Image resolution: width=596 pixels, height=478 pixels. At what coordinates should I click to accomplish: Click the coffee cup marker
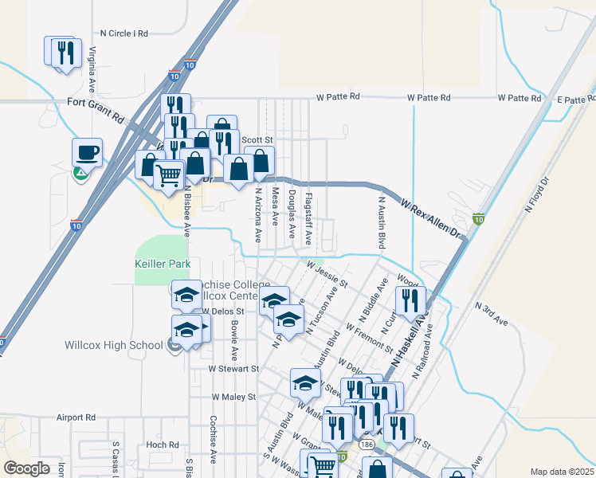[x=87, y=151]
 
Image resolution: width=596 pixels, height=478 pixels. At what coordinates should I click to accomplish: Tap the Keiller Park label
[x=163, y=264]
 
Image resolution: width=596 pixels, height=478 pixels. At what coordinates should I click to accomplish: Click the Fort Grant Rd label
[x=96, y=109]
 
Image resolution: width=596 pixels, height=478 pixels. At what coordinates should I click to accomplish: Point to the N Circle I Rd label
[x=124, y=33]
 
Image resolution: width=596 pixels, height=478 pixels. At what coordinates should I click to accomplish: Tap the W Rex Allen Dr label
[x=430, y=219]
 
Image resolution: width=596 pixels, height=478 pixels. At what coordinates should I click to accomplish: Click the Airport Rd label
[x=76, y=417]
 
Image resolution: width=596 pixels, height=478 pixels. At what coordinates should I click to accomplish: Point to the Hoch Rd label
[x=163, y=445]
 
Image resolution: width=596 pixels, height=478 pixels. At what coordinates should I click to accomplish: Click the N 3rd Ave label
[x=491, y=313]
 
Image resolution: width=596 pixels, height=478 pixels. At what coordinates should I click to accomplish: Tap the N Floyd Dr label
[x=538, y=194]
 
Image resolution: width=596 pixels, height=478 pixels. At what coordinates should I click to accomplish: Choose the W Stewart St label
[x=234, y=369]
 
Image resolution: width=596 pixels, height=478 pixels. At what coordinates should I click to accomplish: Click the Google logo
[x=26, y=468]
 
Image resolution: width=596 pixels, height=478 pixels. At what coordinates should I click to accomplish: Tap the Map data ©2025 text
[x=563, y=472]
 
